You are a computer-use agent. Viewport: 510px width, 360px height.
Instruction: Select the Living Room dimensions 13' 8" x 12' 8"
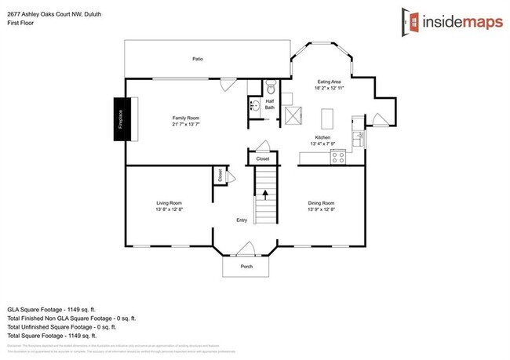point(169,209)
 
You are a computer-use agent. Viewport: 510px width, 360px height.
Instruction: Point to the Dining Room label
point(321,202)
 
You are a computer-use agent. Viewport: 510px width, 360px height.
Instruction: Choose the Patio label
point(199,59)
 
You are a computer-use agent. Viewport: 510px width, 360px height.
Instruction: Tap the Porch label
point(246,267)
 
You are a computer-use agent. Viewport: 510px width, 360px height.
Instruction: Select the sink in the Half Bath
point(255,105)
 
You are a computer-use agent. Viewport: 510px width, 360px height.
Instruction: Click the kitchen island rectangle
point(327,118)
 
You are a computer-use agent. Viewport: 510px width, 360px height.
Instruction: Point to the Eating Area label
point(330,81)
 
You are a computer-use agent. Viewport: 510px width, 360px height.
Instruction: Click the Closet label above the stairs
point(263,159)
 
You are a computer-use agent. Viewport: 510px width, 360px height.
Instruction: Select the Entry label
point(242,220)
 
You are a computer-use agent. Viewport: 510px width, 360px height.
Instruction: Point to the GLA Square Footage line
point(56,311)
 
